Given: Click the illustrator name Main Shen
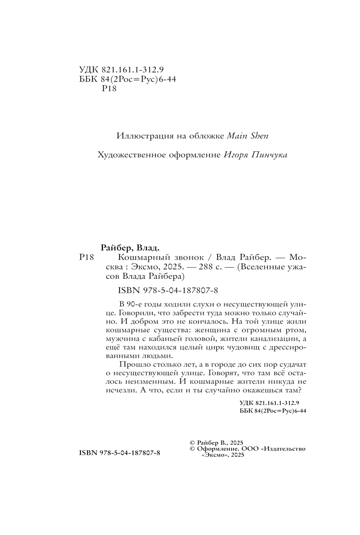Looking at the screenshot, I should (248, 136).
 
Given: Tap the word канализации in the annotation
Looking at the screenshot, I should (274, 339).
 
